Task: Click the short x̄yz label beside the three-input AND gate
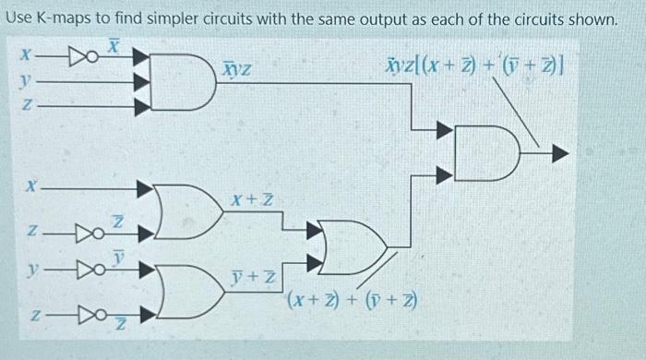[238, 68]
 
